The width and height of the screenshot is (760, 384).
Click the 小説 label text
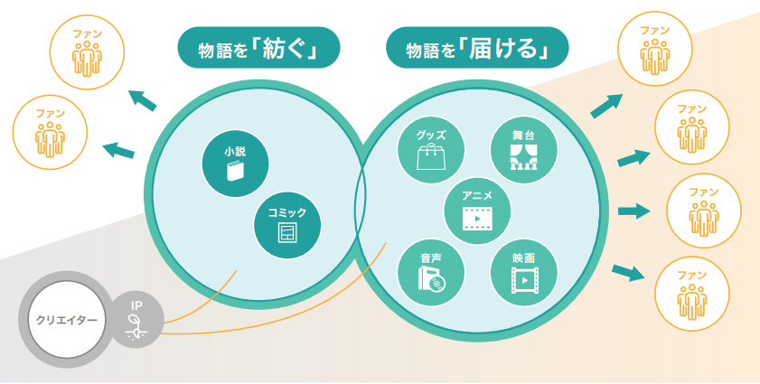click(235, 153)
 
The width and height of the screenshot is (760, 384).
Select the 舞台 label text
click(523, 135)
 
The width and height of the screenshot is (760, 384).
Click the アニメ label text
click(476, 195)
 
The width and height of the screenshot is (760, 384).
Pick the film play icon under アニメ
click(476, 218)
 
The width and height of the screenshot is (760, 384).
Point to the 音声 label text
click(430, 258)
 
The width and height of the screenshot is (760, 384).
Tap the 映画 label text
click(523, 258)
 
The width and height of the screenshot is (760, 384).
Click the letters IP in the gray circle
click(136, 305)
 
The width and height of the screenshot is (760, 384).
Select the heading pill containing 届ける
click(477, 49)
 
